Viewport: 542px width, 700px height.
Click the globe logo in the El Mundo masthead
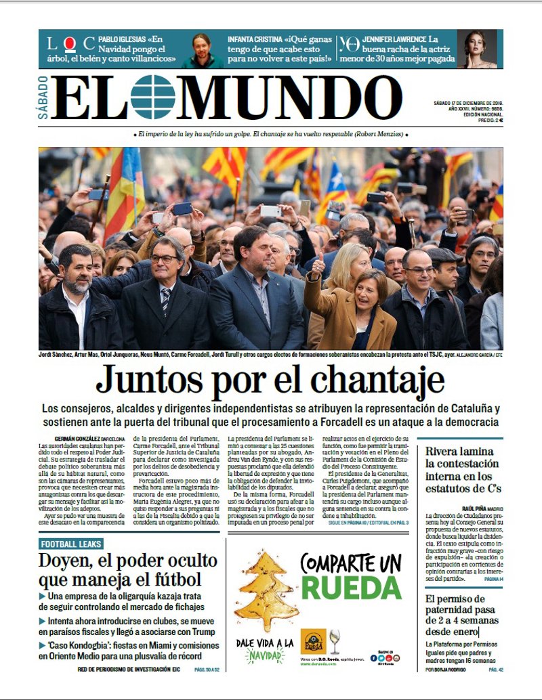(152, 97)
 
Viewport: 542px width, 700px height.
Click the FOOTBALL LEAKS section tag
(71, 544)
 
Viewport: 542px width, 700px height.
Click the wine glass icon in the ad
(335, 641)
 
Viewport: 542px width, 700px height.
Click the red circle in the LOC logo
(69, 45)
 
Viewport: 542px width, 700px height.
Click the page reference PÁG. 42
(496, 669)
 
